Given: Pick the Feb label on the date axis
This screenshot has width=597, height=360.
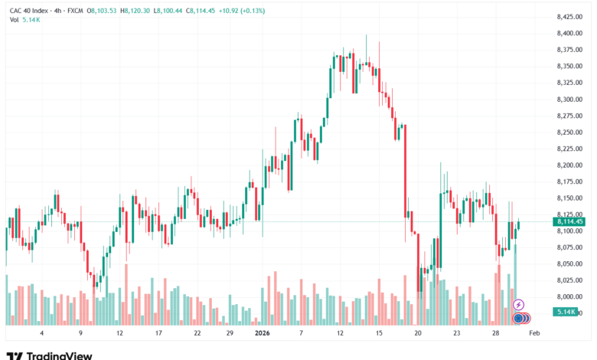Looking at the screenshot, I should pyautogui.click(x=535, y=333).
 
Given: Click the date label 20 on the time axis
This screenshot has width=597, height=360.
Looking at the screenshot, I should pyautogui.click(x=418, y=333).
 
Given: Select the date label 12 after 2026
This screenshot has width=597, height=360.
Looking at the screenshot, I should pyautogui.click(x=338, y=333).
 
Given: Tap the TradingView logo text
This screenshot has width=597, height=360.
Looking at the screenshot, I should pyautogui.click(x=60, y=355).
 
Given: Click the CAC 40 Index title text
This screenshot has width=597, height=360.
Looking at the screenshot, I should pyautogui.click(x=28, y=10).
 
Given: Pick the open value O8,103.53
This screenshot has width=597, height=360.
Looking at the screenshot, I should pyautogui.click(x=101, y=10).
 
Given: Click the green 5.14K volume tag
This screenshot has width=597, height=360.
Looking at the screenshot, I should pyautogui.click(x=567, y=313).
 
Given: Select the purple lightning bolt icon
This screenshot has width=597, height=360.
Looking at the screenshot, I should pyautogui.click(x=518, y=305).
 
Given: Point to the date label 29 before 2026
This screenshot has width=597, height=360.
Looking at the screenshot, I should pyautogui.click(x=230, y=333).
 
